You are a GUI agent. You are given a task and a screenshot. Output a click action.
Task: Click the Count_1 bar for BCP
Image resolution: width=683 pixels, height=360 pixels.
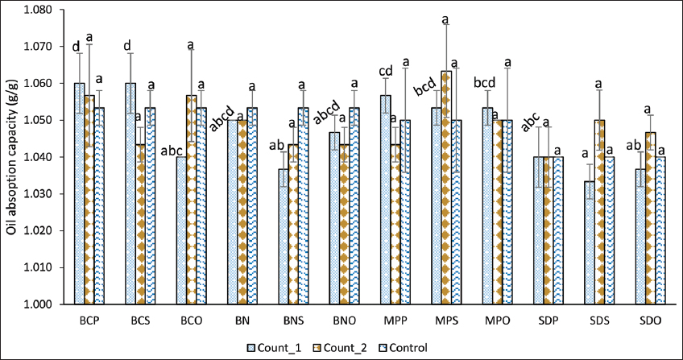click(x=80, y=193)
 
